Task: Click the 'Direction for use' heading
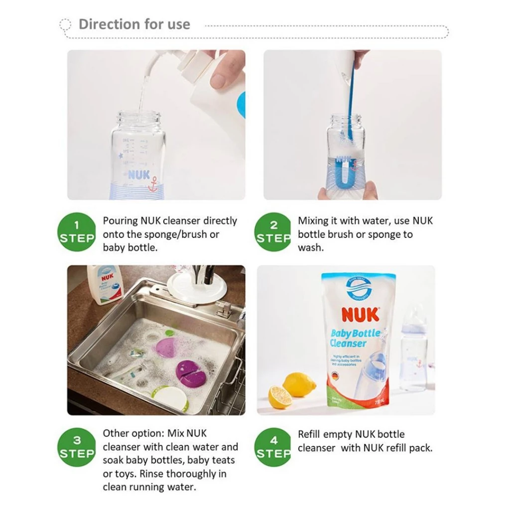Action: coord(134,24)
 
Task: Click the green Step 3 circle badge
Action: coord(76,447)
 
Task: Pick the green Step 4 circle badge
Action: coord(272,447)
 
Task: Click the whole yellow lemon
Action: coord(299,384)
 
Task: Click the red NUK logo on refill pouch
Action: coord(360,315)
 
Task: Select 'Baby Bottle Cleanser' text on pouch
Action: coord(355,338)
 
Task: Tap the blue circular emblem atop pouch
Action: coord(359,288)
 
